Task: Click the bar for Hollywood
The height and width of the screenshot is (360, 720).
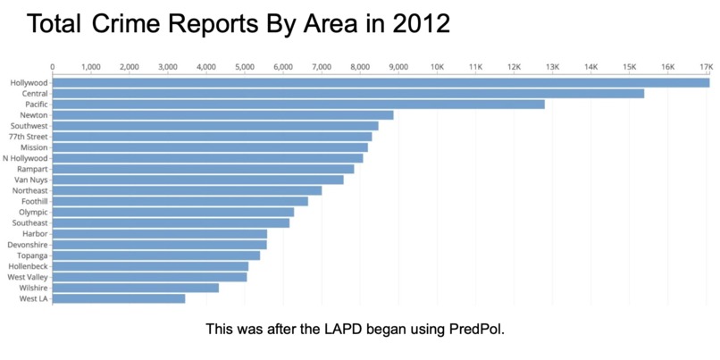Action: pyautogui.click(x=381, y=83)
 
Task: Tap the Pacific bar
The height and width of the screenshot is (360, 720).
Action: pyautogui.click(x=298, y=105)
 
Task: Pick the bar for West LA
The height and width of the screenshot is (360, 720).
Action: pyautogui.click(x=119, y=298)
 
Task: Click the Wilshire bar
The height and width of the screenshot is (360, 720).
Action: pyautogui.click(x=136, y=288)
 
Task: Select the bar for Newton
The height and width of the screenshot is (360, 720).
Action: pyautogui.click(x=223, y=115)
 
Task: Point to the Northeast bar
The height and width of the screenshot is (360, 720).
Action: pyautogui.click(x=187, y=190)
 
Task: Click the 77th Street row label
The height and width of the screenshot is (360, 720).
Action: pyautogui.click(x=29, y=137)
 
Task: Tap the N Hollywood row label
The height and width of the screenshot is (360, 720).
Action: pyautogui.click(x=27, y=158)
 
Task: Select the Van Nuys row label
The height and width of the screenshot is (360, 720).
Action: pyautogui.click(x=31, y=180)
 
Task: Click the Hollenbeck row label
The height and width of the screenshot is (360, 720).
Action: pyautogui.click(x=29, y=266)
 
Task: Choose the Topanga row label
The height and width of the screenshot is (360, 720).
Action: pyautogui.click(x=33, y=255)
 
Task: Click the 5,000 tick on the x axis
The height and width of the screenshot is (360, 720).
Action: pyautogui.click(x=244, y=67)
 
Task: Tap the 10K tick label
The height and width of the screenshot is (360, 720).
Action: pyautogui.click(x=437, y=67)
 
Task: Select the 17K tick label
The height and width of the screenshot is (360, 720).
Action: pyautogui.click(x=705, y=67)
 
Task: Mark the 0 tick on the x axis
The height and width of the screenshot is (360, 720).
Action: pyautogui.click(x=53, y=67)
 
